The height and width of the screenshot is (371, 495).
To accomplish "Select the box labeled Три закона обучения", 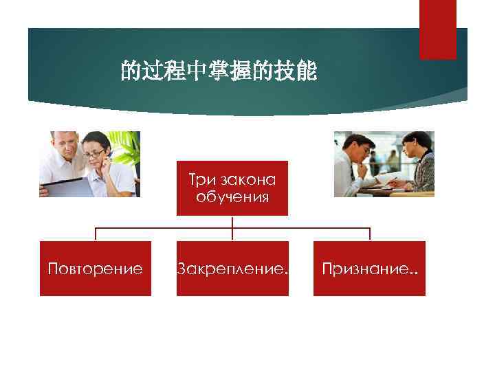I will (x=232, y=188).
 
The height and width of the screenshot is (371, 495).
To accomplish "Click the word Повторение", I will (x=95, y=269).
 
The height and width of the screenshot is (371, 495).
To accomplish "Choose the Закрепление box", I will (x=232, y=269).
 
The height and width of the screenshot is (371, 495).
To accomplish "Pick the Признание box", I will (x=369, y=269).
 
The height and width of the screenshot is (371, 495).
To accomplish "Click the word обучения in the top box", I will (x=232, y=197).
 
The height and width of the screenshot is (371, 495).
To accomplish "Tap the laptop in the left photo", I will (x=63, y=186).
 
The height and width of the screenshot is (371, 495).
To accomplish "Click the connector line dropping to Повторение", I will (x=95, y=234).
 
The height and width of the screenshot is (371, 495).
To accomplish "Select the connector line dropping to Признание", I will (x=369, y=234).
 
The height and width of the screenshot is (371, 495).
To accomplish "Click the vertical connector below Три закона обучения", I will (x=232, y=221).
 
